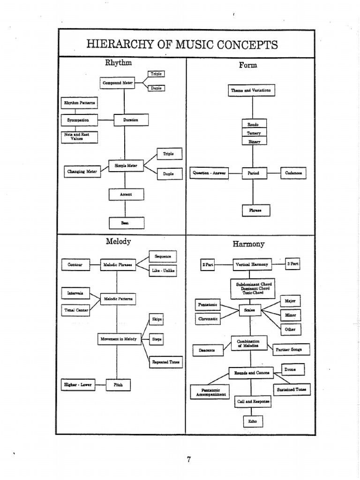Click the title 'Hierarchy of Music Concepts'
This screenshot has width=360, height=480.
coord(182,45)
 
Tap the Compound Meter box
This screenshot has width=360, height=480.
coord(118,83)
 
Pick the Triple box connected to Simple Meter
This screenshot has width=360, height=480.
coord(168,154)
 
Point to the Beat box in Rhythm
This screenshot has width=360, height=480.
coord(126,223)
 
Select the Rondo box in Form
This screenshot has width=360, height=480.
coord(253,124)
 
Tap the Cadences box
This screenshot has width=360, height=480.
coord(293,173)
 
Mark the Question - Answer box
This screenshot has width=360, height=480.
coord(209,173)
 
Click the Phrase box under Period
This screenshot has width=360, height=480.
coord(253,210)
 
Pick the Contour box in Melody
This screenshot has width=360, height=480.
coord(75,265)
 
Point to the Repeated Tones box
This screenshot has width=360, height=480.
coord(165,362)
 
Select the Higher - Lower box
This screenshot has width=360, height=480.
coord(78,385)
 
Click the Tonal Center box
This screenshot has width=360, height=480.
coord(75,310)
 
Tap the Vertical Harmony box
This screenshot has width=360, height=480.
coord(252,265)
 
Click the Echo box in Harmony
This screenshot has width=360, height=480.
coord(253,421)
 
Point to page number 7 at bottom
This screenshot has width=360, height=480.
coord(189,459)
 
